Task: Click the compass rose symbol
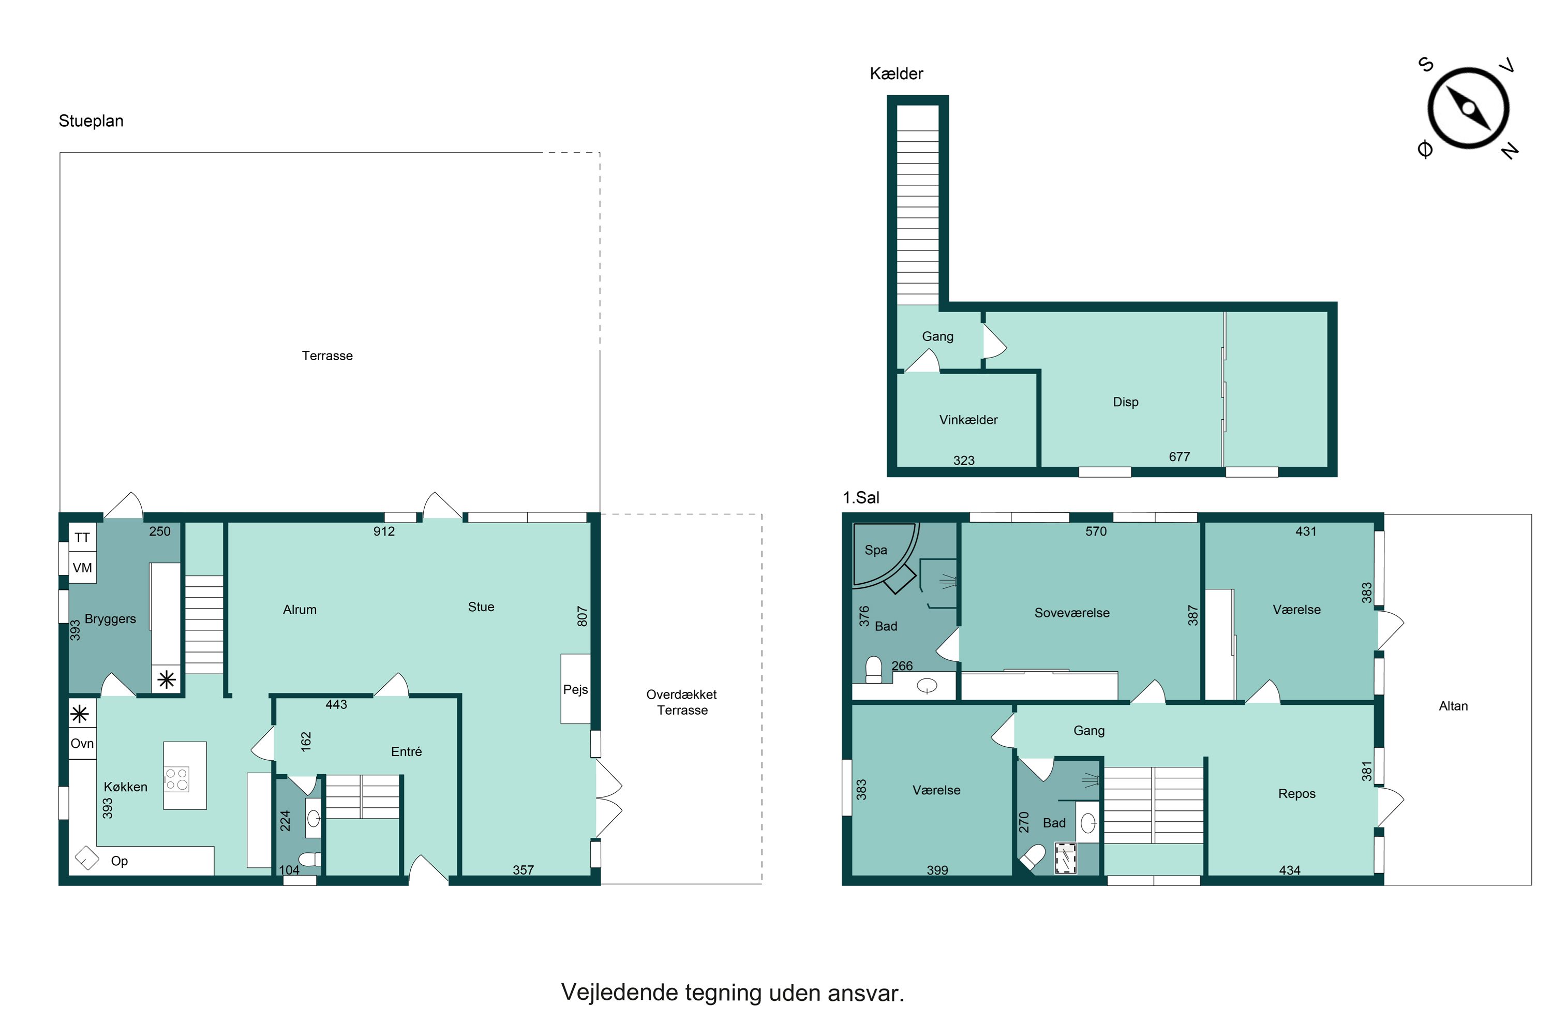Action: tap(1468, 109)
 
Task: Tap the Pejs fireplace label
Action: tap(575, 690)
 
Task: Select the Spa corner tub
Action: tap(884, 555)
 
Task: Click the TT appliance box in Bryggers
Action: tap(82, 537)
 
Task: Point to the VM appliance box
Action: tap(82, 568)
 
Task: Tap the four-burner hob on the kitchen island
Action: tap(177, 779)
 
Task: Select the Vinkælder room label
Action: tap(968, 420)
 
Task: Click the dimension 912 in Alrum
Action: tap(384, 531)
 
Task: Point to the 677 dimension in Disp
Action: tap(1179, 457)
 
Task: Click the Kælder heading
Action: tap(896, 74)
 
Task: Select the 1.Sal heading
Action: tap(861, 498)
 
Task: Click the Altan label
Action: tap(1453, 706)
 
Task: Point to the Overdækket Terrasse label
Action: tap(682, 702)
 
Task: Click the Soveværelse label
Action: tap(1071, 613)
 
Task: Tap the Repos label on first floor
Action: tap(1296, 794)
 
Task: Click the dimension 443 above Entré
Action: tap(336, 705)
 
